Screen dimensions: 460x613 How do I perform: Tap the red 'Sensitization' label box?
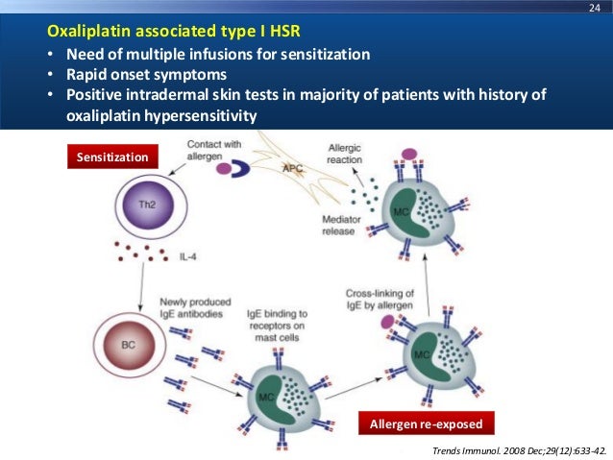click(106, 155)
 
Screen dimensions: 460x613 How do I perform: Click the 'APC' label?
click(294, 169)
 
